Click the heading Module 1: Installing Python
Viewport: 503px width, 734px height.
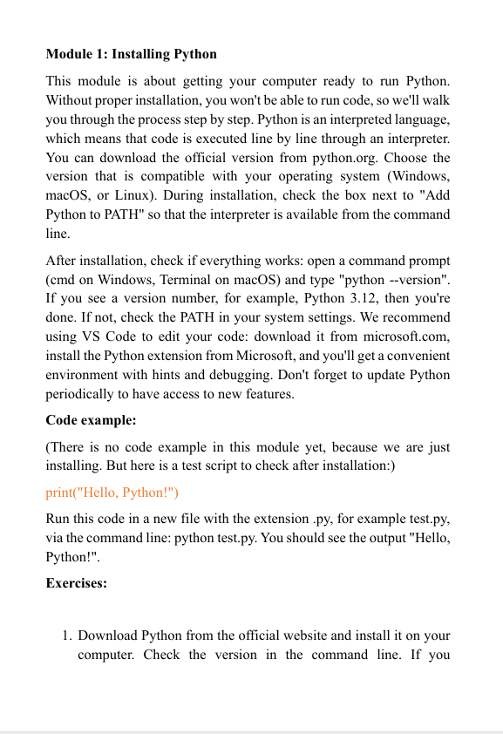click(x=131, y=54)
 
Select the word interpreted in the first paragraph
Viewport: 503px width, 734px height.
click(x=354, y=119)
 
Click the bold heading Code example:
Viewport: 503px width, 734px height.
click(x=91, y=420)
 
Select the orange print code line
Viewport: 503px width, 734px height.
click(x=112, y=493)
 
